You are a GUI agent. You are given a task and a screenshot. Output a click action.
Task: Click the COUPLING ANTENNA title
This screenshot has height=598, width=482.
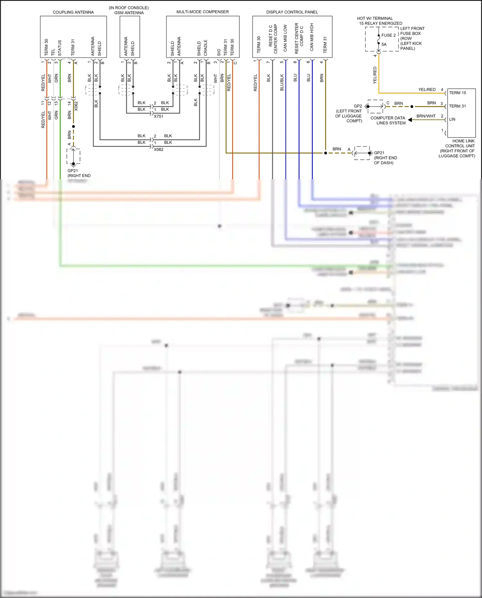73,12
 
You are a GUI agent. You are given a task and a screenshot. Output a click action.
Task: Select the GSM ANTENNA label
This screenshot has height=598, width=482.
129,13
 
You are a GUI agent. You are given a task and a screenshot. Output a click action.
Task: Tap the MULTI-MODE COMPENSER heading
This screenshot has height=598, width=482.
202,12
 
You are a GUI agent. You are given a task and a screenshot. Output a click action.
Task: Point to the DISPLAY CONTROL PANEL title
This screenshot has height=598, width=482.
292,12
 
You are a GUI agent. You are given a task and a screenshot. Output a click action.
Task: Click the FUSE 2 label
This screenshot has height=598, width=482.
388,35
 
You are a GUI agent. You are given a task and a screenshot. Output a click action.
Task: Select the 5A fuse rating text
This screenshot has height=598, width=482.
384,45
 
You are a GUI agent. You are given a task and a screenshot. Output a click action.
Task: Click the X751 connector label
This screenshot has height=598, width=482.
158,116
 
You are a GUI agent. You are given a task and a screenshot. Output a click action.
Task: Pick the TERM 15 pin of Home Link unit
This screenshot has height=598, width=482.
457,93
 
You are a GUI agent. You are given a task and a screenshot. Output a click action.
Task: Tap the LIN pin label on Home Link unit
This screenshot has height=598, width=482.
452,119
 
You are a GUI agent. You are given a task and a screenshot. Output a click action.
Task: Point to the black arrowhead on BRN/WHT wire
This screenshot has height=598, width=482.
410,120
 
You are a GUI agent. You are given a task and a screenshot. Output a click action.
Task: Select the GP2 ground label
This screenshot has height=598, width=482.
358,106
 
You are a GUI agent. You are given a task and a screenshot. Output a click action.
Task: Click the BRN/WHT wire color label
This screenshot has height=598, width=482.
426,116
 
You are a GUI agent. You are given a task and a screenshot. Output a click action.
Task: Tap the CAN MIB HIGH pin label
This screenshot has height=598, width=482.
312,37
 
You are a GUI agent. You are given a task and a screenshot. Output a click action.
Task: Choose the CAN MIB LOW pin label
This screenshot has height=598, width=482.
285,38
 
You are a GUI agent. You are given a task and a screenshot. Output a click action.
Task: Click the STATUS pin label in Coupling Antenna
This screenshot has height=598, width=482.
60,48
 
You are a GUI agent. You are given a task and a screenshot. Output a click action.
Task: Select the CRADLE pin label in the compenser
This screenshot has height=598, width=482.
206,48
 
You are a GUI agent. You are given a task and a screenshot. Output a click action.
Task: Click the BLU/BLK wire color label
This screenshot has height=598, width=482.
282,82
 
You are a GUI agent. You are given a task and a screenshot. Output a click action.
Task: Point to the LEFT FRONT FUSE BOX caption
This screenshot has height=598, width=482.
412,31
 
